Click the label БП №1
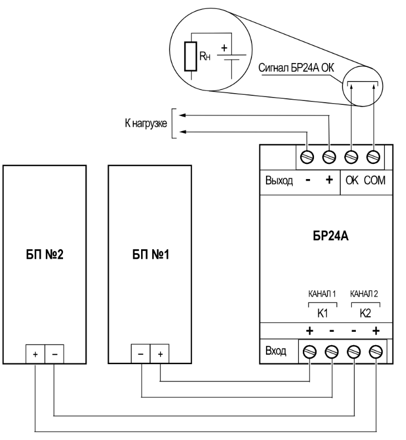pos(147,258)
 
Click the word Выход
pos(278,182)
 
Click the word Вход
pos(277,351)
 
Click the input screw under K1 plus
pos(311,352)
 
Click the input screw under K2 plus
pos(375,352)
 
